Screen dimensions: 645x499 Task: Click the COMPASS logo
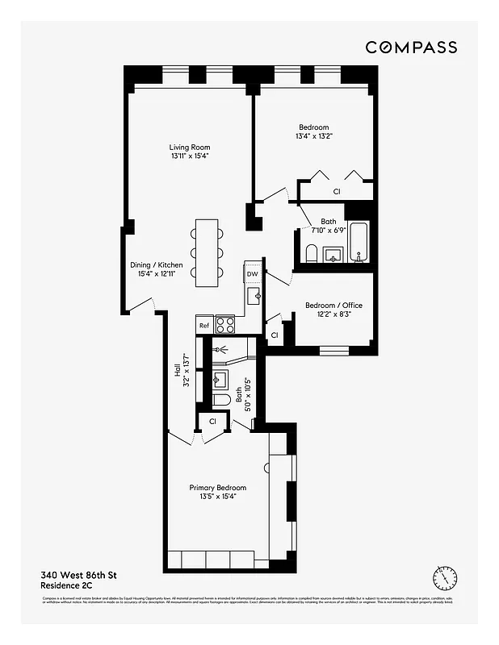tap(411, 48)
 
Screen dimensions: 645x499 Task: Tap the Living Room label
tap(190, 147)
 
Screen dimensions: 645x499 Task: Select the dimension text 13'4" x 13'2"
tap(314, 137)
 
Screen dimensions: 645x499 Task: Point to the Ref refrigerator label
tap(204, 326)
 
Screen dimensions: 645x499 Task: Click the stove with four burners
tap(226, 325)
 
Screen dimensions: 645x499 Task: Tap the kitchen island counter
tap(207, 250)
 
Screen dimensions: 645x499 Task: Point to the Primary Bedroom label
tap(217, 488)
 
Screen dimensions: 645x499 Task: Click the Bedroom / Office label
tap(333, 306)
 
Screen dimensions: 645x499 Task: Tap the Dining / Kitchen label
tap(157, 265)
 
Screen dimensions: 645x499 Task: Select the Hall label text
tap(177, 371)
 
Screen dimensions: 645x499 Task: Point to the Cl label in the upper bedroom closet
tap(337, 192)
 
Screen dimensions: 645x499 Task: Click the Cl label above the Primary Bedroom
tap(213, 421)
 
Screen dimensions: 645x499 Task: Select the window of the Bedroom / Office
tap(333, 351)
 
